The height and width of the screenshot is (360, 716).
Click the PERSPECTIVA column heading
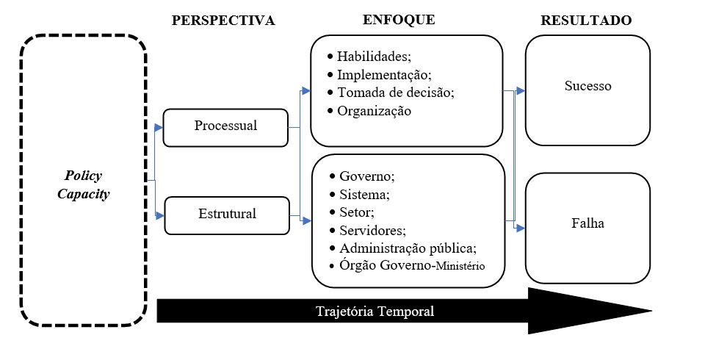223,21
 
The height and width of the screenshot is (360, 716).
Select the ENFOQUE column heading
399,20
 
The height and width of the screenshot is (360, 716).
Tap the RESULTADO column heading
586,21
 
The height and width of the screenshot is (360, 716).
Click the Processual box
225,126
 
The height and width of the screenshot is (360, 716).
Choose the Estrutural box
226,215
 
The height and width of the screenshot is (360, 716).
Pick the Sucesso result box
587,86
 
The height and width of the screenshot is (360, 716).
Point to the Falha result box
587,223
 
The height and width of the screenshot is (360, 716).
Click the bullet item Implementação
383,75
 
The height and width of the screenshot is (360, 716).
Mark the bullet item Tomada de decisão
396,93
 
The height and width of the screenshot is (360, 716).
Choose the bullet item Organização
374,111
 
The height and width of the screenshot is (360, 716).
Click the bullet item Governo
366,176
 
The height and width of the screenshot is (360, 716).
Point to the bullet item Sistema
364,195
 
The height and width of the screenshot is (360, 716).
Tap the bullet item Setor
357,212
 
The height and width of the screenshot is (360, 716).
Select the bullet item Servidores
372,230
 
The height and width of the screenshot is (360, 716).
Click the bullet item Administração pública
408,248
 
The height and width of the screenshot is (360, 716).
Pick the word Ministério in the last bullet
460,267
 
